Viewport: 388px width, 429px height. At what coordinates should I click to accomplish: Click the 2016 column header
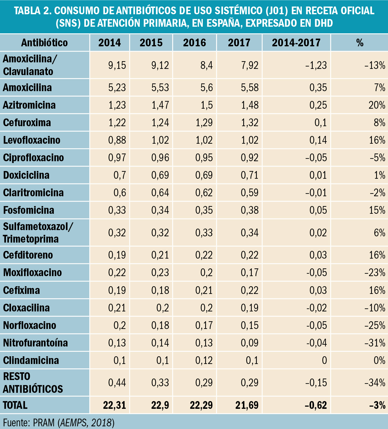tap(194, 43)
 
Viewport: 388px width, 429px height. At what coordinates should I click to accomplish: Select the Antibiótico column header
tap(44, 43)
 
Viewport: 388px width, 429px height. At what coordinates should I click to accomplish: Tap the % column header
tap(360, 43)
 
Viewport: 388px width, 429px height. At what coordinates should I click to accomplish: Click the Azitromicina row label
tap(29, 105)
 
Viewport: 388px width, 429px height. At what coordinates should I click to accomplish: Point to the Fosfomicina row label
tap(29, 210)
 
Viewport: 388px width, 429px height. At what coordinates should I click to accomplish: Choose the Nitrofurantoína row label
tap(35, 343)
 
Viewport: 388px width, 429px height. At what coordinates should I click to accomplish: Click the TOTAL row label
tap(15, 405)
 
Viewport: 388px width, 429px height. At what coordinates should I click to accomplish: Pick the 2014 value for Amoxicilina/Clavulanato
tap(117, 65)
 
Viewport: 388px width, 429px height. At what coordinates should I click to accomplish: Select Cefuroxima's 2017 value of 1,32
tap(250, 123)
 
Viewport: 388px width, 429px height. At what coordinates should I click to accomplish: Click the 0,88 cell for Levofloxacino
tap(117, 140)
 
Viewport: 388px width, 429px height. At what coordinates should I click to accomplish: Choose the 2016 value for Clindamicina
tap(204, 360)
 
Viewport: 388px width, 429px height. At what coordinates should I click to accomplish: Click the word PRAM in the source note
tap(44, 422)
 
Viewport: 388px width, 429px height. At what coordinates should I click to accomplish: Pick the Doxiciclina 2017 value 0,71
tap(250, 175)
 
